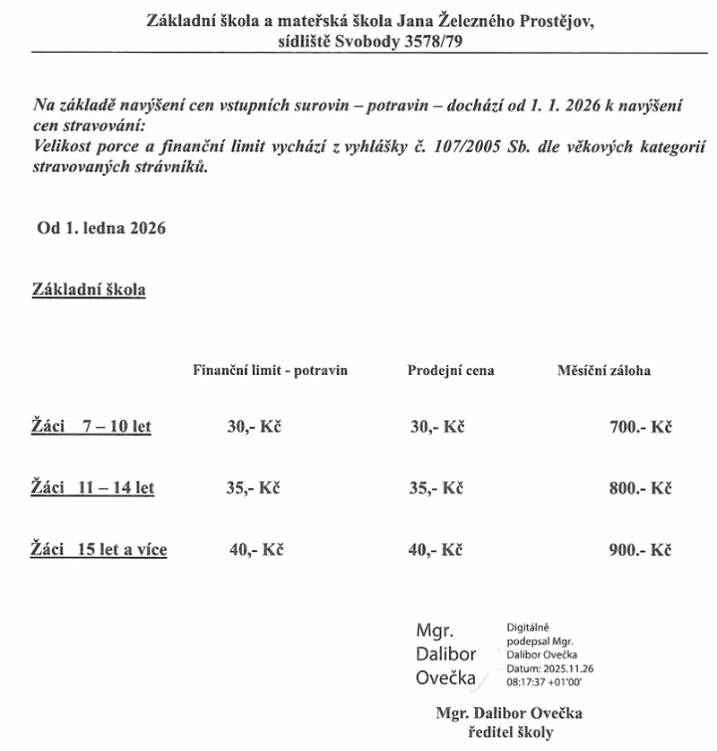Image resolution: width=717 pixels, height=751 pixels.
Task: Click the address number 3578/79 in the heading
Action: [x=424, y=40]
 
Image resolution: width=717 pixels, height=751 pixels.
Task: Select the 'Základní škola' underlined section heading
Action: [x=89, y=291]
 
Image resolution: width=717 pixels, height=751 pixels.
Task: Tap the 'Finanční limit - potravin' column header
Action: [x=270, y=370]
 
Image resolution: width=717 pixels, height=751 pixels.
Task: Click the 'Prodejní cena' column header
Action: [x=450, y=370]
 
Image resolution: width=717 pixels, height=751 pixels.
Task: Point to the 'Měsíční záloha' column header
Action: [x=604, y=370]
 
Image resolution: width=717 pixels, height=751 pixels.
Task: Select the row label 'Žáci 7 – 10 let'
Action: [x=91, y=427]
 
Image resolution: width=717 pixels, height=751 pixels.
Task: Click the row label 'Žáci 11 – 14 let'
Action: [x=93, y=488]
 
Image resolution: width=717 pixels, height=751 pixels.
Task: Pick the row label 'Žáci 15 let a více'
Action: [x=99, y=549]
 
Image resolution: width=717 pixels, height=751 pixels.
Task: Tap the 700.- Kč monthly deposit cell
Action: [x=640, y=427]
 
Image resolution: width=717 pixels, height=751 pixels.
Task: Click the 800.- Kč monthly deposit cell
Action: [x=640, y=488]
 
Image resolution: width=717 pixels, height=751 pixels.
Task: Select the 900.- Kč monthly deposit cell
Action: [x=640, y=549]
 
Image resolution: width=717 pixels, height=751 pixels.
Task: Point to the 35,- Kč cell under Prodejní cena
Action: [x=436, y=488]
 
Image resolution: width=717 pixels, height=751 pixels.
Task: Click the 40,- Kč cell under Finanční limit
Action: [x=255, y=549]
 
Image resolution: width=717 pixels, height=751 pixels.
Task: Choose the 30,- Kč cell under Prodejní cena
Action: [x=436, y=427]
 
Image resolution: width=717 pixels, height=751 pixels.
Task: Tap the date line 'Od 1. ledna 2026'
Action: [x=101, y=228]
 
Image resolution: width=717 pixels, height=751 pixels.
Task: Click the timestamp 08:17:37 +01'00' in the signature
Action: [x=545, y=682]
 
